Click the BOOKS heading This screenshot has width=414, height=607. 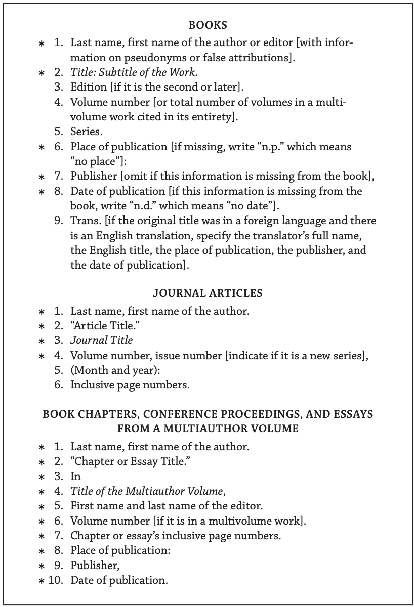point(208,24)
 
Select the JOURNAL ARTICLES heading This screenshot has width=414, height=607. point(208,293)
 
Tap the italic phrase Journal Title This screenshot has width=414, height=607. point(101,340)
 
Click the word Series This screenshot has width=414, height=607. point(87,132)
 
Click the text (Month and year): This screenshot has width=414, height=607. point(115,370)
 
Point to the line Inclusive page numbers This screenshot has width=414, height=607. point(130,385)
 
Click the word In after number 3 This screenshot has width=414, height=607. point(75,476)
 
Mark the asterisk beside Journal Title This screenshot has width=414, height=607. point(42,341)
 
